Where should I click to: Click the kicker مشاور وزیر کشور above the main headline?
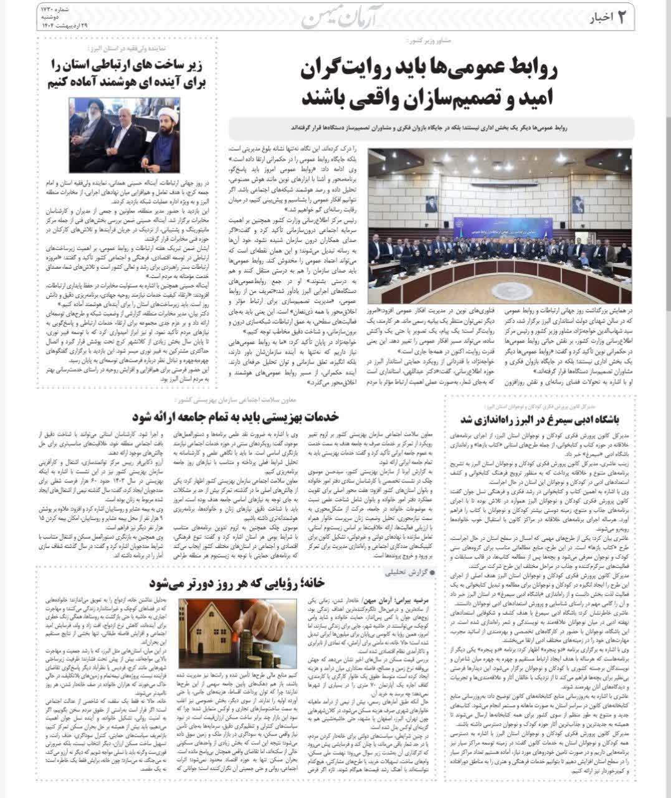click(x=427, y=42)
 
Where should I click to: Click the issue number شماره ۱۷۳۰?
click(x=55, y=11)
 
